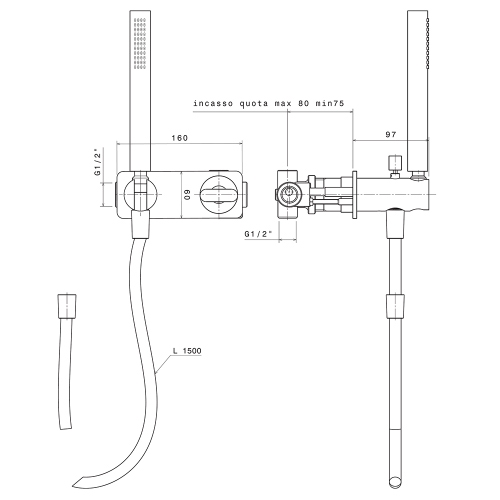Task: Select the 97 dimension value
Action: click(393, 134)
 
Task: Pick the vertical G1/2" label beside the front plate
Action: click(98, 163)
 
